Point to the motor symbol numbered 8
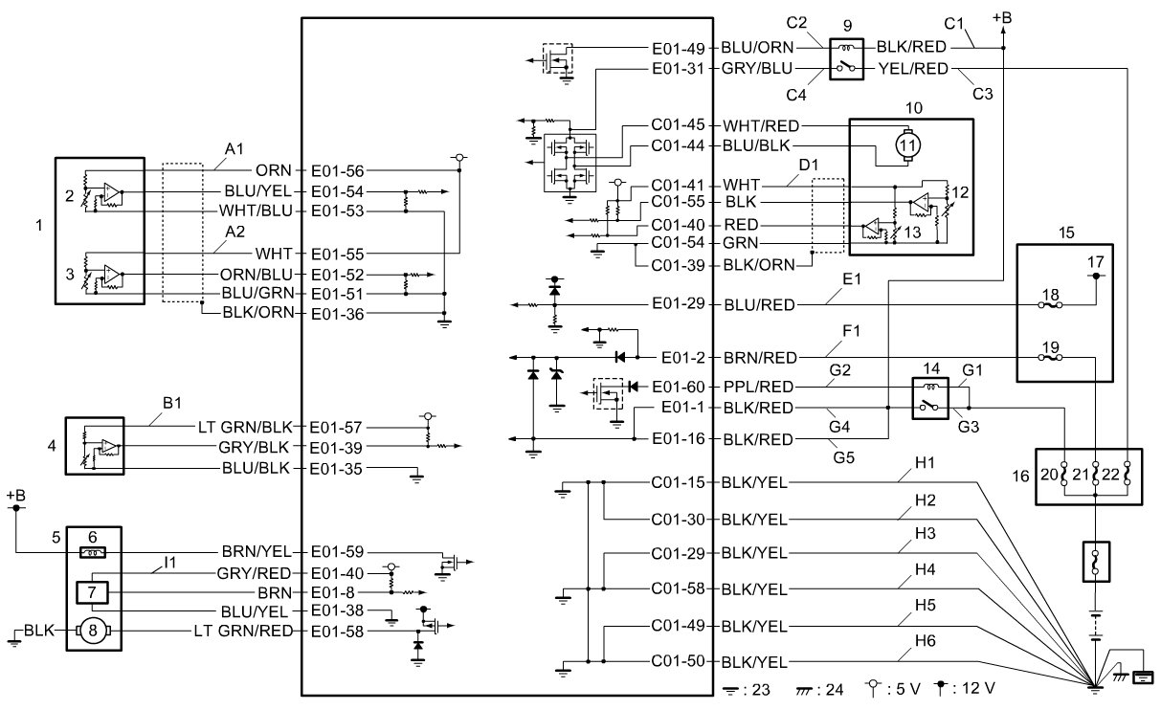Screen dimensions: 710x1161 pyautogui.click(x=92, y=630)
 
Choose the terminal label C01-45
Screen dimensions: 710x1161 pyautogui.click(x=678, y=125)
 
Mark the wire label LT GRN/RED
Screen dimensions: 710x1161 pyautogui.click(x=253, y=630)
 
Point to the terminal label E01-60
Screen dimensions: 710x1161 pyautogui.click(x=679, y=387)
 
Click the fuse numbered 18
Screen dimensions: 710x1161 pyautogui.click(x=1050, y=305)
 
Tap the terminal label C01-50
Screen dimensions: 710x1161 pyautogui.click(x=678, y=661)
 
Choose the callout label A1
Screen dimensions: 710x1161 pyautogui.click(x=235, y=148)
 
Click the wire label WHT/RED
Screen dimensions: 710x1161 pyautogui.click(x=761, y=125)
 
